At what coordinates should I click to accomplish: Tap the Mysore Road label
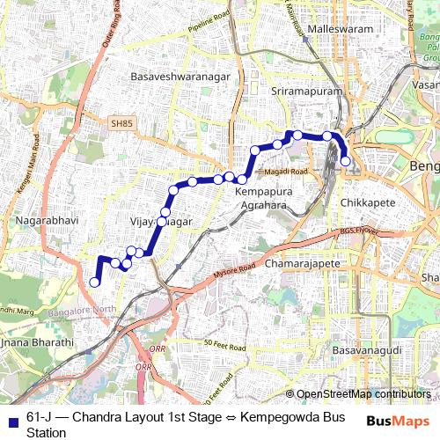point(234,271)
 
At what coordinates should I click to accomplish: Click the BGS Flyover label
point(357,235)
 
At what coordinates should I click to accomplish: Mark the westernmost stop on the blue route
point(95,282)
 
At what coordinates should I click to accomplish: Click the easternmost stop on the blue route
point(346,161)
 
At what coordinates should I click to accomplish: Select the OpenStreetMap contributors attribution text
point(363,394)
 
